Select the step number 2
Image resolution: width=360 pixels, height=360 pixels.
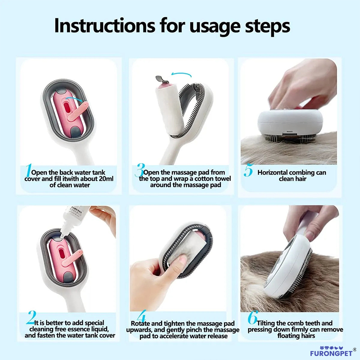point(31,319)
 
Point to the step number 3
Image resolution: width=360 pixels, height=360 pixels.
point(139,171)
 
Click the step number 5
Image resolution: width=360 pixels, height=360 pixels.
point(248,171)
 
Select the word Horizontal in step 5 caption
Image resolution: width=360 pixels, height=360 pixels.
point(275,173)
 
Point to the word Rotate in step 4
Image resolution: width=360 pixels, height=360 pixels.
point(140,324)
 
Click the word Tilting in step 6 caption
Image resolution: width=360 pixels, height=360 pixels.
point(269,323)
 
